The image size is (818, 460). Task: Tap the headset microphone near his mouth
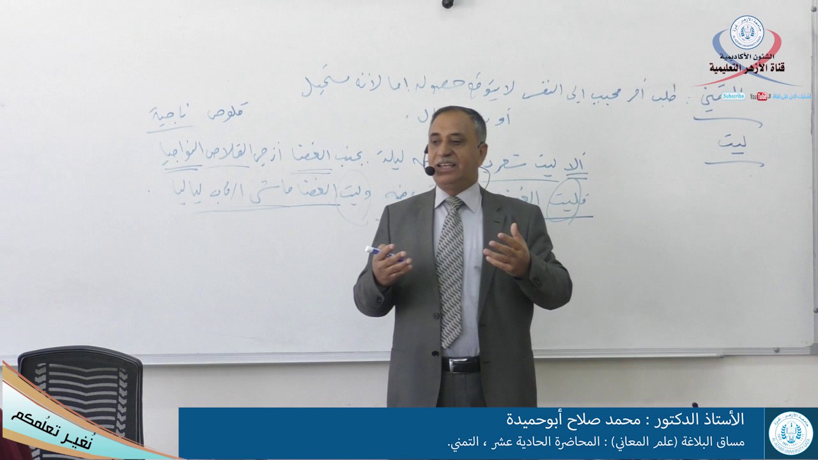point(429,171)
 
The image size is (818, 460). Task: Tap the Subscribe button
point(734,96)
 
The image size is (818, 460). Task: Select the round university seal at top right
point(747,33)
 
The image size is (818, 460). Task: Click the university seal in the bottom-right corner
point(791,433)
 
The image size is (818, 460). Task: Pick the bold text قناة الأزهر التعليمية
point(746,67)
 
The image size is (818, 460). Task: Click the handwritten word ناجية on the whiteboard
point(163,116)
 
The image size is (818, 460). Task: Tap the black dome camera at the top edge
point(447,3)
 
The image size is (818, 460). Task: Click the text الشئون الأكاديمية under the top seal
point(746,56)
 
